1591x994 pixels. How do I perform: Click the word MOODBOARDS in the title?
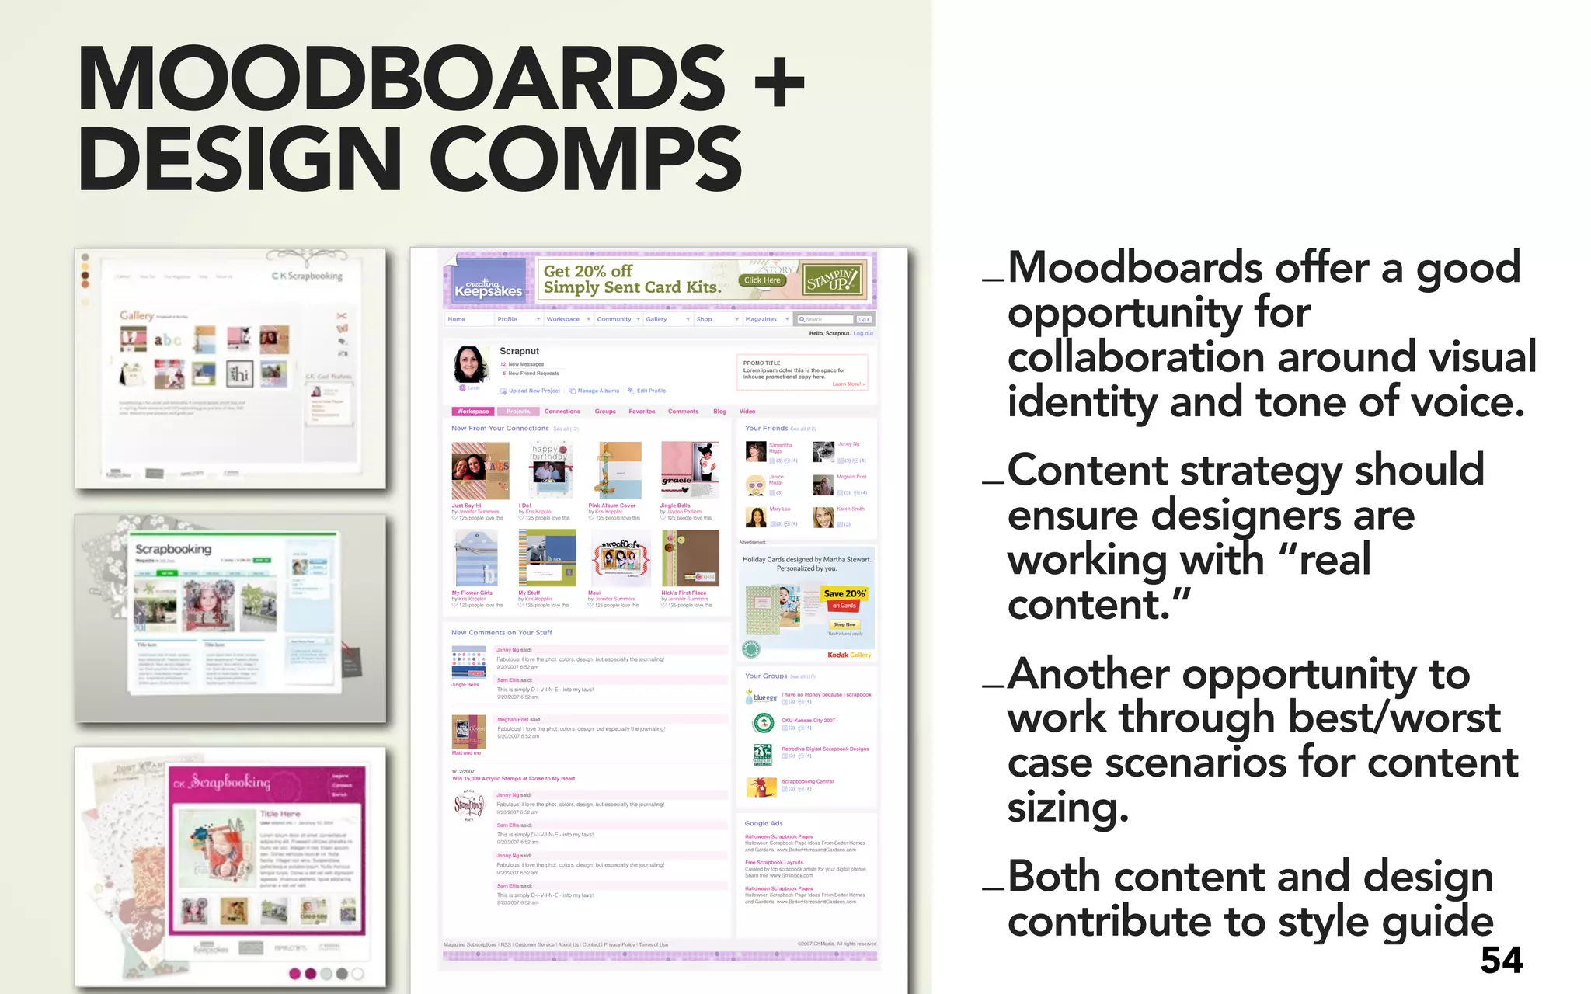(x=401, y=79)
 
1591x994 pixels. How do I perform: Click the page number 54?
(x=1501, y=961)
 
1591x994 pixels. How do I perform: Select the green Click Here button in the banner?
(x=761, y=280)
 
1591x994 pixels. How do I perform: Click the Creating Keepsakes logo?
(x=488, y=288)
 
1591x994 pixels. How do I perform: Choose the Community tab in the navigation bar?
(x=614, y=319)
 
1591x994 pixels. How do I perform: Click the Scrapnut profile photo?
(x=471, y=364)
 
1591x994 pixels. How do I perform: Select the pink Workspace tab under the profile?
(x=472, y=412)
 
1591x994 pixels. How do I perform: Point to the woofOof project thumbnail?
(x=621, y=558)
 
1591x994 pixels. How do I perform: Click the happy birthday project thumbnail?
(x=550, y=470)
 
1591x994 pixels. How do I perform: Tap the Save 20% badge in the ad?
(x=844, y=594)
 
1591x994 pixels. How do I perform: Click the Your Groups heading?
(x=765, y=676)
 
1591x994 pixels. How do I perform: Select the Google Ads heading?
(x=764, y=823)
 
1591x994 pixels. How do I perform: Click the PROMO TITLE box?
(x=802, y=373)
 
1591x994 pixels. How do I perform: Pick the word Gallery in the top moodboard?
(x=137, y=315)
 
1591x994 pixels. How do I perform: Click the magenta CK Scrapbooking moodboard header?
(x=264, y=784)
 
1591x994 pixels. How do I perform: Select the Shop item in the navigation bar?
(x=704, y=319)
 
